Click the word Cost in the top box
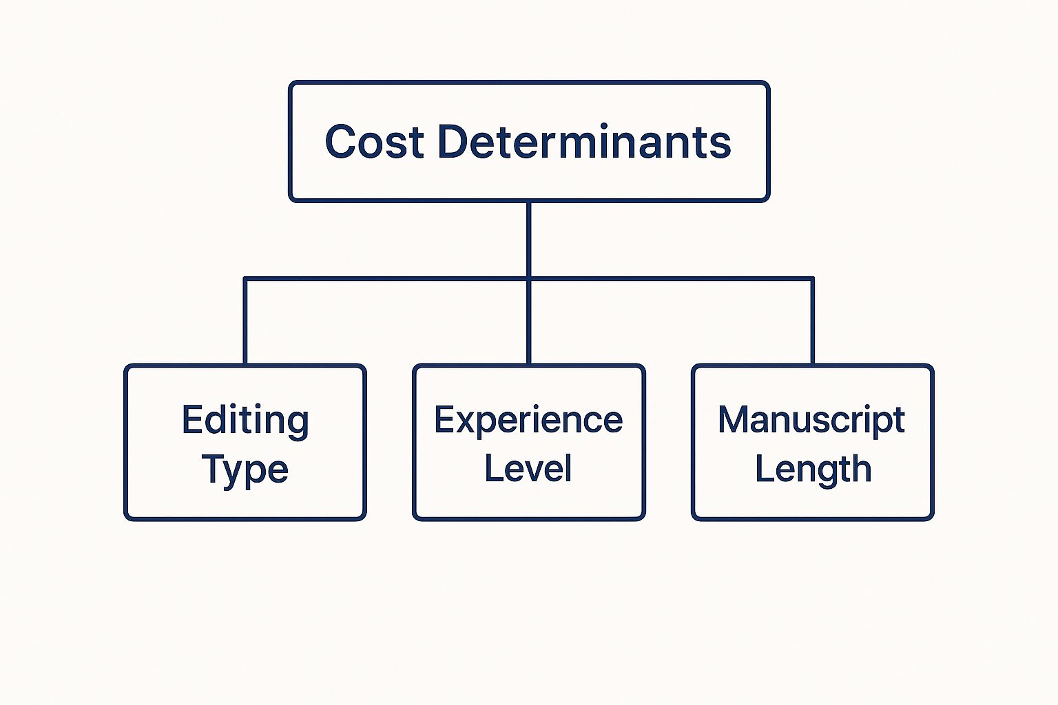click(x=374, y=141)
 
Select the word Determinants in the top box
click(x=585, y=141)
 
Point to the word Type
click(x=245, y=470)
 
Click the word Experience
click(x=528, y=421)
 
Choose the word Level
click(x=528, y=468)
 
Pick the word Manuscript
click(x=811, y=421)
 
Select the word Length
click(x=813, y=470)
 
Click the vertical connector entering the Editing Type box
click(x=245, y=321)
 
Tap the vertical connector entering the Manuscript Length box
click(x=812, y=321)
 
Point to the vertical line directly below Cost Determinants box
click(x=528, y=240)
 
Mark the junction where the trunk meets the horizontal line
click(x=528, y=279)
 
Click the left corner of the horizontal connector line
click(x=245, y=279)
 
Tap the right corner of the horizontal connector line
click(x=812, y=279)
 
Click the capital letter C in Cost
click(x=340, y=141)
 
